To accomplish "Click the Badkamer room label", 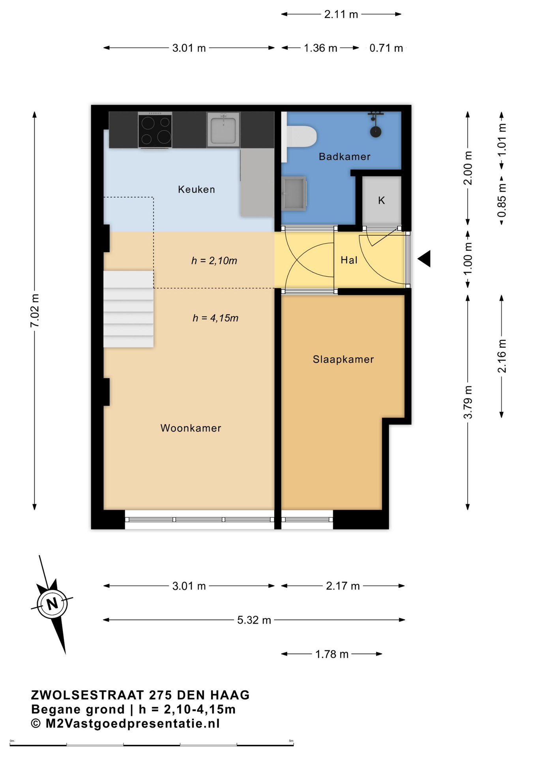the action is [344, 157].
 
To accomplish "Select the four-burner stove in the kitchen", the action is [155, 130].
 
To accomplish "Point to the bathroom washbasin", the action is [294, 193].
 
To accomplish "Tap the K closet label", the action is [381, 201].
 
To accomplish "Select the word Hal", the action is [349, 260].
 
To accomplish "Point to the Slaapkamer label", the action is [343, 359].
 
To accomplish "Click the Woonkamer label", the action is [191, 428].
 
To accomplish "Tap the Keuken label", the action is [196, 189].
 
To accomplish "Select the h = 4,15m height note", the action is [216, 318].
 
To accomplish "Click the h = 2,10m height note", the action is [214, 261].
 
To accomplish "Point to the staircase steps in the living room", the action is [128, 309].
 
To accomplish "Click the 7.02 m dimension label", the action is [35, 310].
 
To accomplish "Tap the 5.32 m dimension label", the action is [254, 620].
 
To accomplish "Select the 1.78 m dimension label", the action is [332, 654].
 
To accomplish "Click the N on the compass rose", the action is [52, 604].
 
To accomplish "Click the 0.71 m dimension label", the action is [386, 48].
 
